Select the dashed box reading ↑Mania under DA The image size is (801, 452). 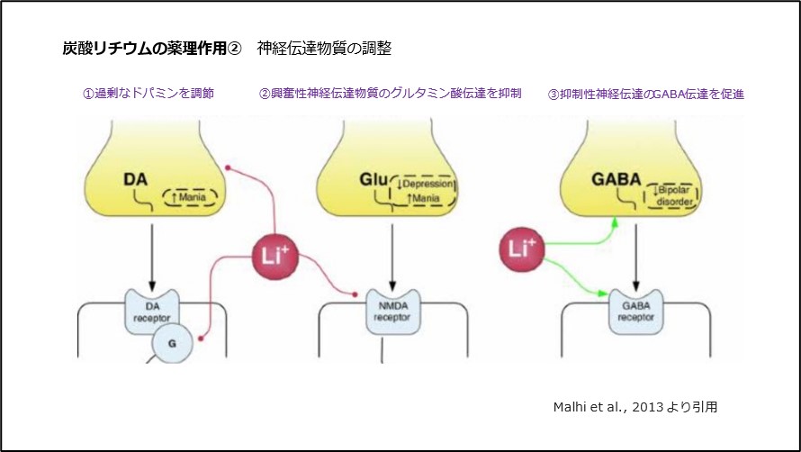point(188,198)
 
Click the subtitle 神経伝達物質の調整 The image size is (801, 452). point(324,48)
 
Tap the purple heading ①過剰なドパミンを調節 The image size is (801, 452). point(148,93)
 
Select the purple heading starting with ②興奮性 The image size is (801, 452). point(390,93)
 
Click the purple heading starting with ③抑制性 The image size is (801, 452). point(645,93)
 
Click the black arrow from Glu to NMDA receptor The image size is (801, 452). point(392,252)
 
